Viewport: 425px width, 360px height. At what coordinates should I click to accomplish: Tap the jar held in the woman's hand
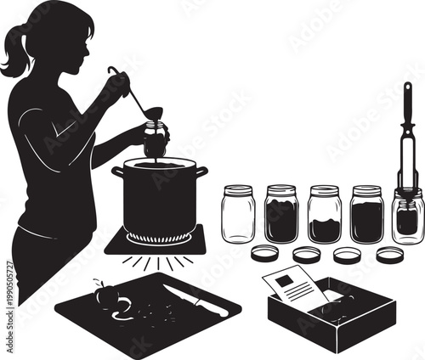coord(155,139)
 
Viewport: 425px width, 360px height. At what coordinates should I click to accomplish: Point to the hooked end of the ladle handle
coord(111,70)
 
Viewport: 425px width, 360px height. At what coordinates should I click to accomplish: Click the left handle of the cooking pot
coord(117,172)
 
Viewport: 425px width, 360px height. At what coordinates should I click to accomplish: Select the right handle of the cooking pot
coord(201,172)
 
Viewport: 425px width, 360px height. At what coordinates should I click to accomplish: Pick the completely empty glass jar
coord(238,214)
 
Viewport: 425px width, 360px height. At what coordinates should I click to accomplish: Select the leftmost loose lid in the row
coord(265,253)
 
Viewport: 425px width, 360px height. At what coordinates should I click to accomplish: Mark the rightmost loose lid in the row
coord(391,254)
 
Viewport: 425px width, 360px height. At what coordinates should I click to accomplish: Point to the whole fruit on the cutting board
coord(106,295)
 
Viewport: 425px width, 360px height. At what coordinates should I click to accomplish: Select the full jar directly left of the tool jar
coord(366,215)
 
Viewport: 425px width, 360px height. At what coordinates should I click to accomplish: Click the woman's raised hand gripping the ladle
coord(119,83)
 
